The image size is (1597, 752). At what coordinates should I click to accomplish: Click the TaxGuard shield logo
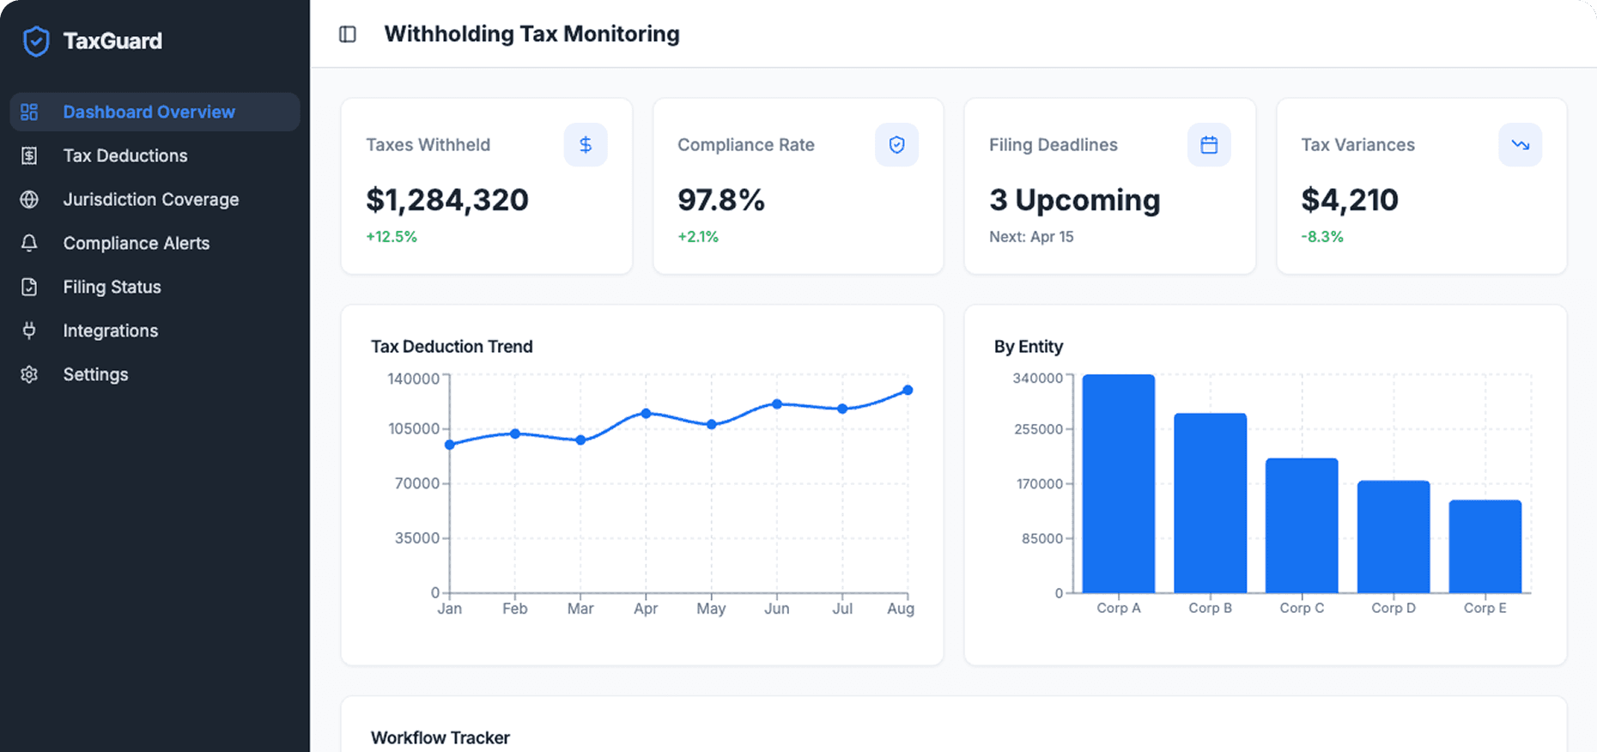[36, 40]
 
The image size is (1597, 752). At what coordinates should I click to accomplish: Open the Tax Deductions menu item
[124, 155]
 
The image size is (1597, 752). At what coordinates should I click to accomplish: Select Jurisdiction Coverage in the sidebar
[150, 199]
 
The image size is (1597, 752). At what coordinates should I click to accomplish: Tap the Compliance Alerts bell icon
[29, 243]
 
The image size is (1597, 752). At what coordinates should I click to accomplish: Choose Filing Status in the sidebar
[112, 287]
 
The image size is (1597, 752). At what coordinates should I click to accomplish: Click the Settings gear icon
[29, 374]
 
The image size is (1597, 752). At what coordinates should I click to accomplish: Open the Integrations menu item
[110, 331]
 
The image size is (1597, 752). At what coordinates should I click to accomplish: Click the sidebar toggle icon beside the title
[348, 34]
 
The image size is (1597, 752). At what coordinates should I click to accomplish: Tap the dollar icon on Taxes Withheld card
[586, 145]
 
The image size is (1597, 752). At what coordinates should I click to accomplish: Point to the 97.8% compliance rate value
[720, 200]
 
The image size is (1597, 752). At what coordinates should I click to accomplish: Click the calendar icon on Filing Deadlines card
[1209, 145]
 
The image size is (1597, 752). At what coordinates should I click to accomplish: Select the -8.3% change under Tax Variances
[1321, 237]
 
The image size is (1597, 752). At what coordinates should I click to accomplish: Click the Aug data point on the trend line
[908, 391]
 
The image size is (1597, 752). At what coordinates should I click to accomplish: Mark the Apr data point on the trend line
[646, 414]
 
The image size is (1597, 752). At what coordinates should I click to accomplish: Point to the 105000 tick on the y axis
[414, 428]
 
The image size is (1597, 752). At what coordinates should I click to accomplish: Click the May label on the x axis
[711, 609]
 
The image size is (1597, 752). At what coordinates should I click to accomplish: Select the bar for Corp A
[1118, 483]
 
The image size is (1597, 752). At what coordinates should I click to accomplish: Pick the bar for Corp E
[1485, 546]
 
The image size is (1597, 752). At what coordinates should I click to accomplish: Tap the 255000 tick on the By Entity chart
[1038, 429]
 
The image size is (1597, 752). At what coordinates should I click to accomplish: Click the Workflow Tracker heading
[440, 737]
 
